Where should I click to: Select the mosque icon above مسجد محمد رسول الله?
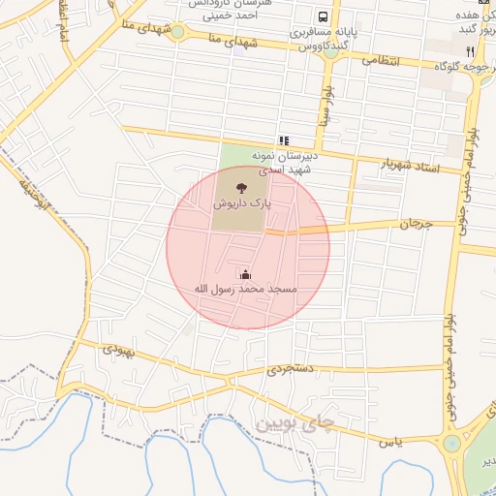click(244, 274)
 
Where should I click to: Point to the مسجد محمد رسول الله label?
click(245, 289)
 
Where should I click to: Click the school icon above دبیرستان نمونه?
click(284, 140)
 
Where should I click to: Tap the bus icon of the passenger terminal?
click(323, 16)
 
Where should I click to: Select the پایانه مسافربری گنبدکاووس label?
click(324, 39)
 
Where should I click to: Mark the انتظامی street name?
click(382, 59)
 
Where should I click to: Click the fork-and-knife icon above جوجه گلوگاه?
click(470, 50)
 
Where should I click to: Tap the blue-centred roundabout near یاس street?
click(452, 444)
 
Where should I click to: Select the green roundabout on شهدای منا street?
click(178, 30)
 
